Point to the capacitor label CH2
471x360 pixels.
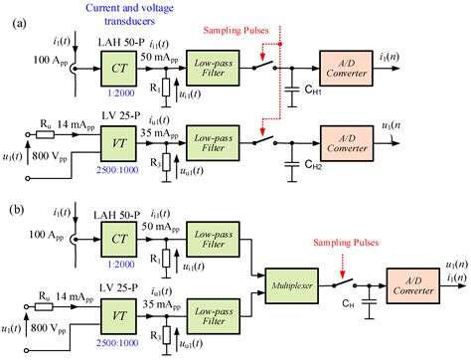tap(309, 170)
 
